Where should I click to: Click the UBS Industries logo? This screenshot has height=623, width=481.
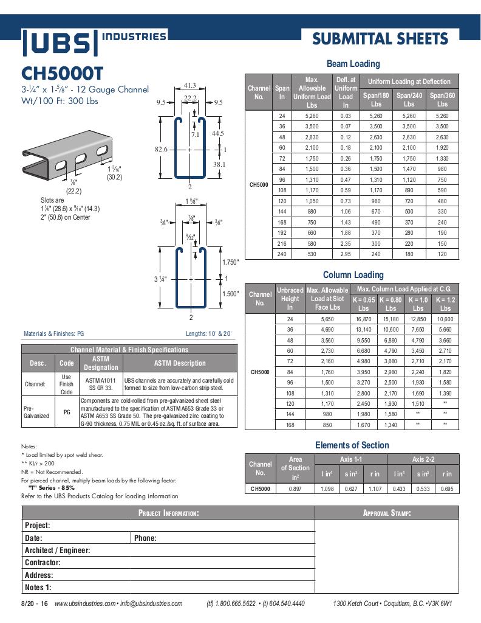(x=94, y=42)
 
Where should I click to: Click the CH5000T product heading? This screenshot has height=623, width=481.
(x=63, y=74)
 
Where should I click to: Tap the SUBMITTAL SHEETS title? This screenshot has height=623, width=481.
(x=380, y=40)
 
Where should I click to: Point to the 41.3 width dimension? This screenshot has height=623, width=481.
(x=189, y=86)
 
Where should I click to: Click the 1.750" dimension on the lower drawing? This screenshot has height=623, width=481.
(x=230, y=262)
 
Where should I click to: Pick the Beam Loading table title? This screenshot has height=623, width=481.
(x=353, y=64)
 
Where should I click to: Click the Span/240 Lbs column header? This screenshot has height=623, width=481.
(x=409, y=100)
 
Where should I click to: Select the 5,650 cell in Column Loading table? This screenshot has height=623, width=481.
(x=327, y=319)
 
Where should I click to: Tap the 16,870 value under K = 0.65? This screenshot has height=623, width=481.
(x=364, y=319)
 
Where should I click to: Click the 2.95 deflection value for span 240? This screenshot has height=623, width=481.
(x=346, y=254)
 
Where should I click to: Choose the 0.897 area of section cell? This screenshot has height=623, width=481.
(x=295, y=488)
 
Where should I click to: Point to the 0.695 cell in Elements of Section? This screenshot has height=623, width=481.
(x=446, y=488)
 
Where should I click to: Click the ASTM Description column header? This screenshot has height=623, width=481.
(x=179, y=363)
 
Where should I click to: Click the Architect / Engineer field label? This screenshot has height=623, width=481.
(x=57, y=551)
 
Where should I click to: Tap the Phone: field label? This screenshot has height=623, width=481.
(x=145, y=538)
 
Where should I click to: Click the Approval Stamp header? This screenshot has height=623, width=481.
(x=386, y=513)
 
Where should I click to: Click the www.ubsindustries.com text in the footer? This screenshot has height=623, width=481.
(x=84, y=604)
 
